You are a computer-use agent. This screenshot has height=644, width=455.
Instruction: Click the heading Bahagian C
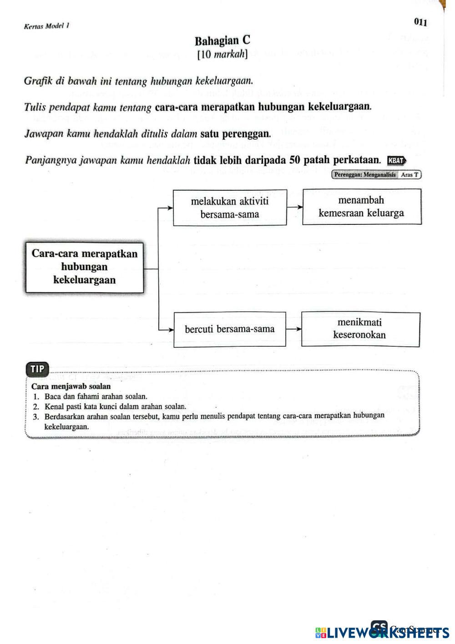[222, 41]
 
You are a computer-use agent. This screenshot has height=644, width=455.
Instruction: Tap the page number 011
[420, 21]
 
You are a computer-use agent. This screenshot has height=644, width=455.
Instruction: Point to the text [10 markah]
[222, 55]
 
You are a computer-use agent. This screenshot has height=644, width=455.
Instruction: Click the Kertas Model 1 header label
[46, 26]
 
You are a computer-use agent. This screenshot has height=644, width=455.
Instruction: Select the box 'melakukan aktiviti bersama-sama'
[230, 208]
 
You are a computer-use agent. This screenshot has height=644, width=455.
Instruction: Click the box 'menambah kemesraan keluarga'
[361, 207]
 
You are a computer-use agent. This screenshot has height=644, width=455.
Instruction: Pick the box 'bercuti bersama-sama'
[230, 329]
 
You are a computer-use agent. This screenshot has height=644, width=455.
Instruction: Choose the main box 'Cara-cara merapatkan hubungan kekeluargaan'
[85, 267]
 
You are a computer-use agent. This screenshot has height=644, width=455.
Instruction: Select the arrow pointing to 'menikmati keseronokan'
[293, 329]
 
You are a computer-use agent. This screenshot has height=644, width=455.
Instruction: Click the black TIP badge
[37, 369]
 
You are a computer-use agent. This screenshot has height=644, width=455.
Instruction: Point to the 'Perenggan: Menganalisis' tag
[364, 174]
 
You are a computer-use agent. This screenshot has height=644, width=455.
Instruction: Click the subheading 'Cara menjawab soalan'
[71, 386]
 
